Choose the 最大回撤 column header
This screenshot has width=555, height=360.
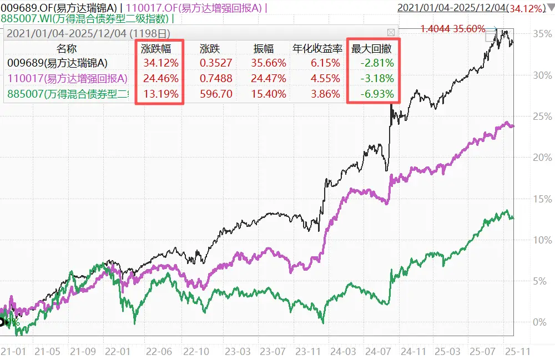coord(372,48)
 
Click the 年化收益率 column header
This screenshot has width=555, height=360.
coord(316,48)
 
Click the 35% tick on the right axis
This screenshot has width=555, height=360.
coord(542,33)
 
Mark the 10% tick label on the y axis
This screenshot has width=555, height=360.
coord(542,240)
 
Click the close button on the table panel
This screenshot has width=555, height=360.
coord(391,32)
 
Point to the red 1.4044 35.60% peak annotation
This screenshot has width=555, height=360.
coord(452,29)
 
